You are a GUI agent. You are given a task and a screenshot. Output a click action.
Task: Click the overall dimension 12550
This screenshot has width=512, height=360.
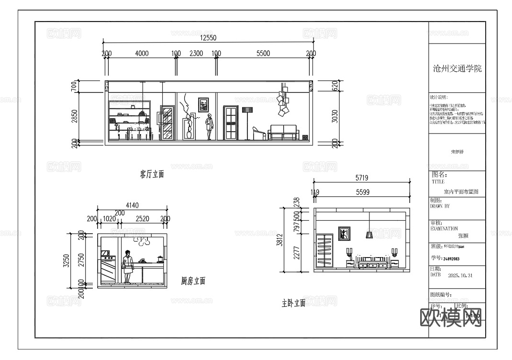(x=208, y=38)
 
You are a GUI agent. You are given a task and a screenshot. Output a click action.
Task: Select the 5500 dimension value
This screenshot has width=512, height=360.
(x=263, y=54)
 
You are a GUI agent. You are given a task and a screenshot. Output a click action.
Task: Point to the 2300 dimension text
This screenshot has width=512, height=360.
(x=196, y=54)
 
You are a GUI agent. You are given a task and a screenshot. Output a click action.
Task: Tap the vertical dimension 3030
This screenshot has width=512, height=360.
(x=335, y=116)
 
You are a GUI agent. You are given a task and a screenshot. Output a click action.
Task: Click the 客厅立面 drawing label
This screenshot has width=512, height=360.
(x=152, y=174)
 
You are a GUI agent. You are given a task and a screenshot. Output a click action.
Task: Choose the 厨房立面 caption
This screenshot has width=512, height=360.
(x=193, y=281)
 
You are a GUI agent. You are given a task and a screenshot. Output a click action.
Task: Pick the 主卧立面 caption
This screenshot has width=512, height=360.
(x=293, y=303)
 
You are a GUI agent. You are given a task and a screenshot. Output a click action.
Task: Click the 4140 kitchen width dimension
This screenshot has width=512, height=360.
(x=132, y=205)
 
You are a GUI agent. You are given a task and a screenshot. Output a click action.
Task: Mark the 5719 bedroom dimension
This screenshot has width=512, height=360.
(x=362, y=178)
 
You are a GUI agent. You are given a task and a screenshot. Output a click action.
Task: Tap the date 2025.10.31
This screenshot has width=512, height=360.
(x=460, y=276)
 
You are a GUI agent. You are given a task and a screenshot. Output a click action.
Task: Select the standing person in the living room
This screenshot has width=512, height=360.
(x=209, y=127)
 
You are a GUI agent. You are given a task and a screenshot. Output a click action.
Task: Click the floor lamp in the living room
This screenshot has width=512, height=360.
(x=247, y=123)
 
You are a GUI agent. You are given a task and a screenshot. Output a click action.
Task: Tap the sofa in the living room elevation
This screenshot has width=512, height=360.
(x=283, y=133)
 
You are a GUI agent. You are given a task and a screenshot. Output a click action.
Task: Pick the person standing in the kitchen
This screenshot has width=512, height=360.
(x=127, y=267)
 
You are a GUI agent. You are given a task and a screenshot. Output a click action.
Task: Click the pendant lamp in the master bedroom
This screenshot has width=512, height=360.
(x=369, y=230)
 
